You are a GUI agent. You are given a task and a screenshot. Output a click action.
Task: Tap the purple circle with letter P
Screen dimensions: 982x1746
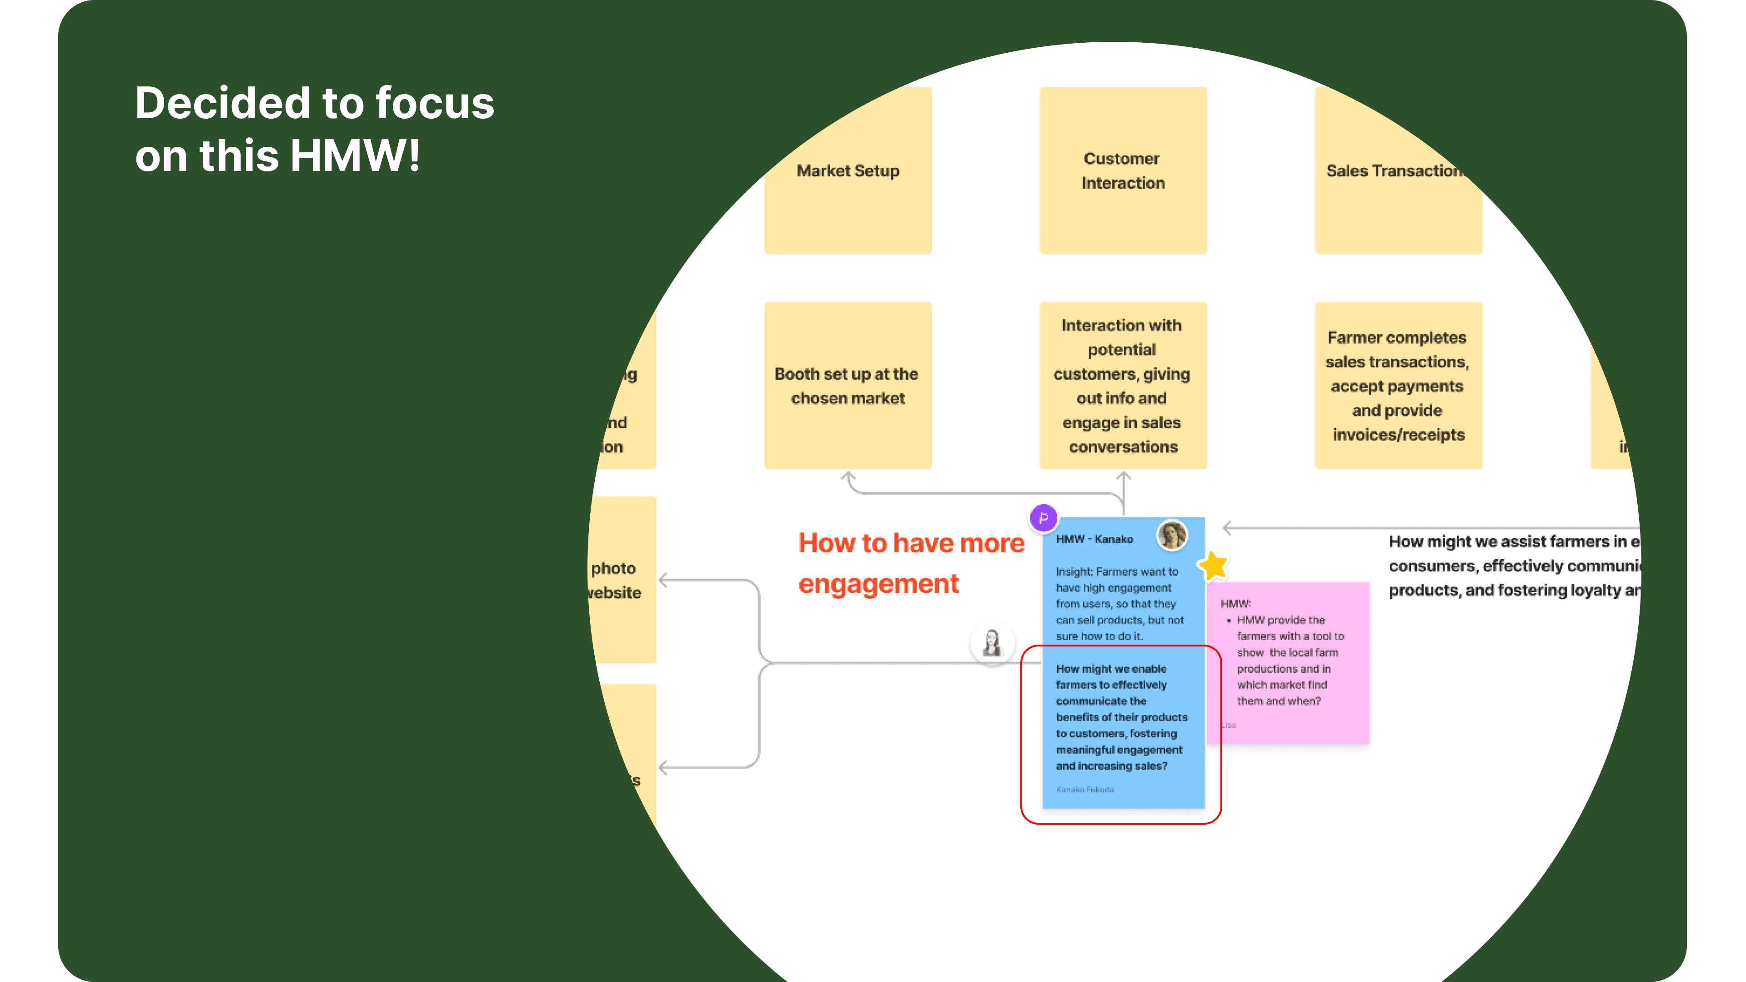point(1043,518)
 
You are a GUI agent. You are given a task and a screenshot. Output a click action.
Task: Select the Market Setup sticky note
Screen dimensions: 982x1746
point(848,171)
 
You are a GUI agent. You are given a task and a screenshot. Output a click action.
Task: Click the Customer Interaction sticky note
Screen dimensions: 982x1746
point(1123,171)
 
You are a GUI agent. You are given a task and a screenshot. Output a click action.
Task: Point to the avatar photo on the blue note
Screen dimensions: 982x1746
point(1172,536)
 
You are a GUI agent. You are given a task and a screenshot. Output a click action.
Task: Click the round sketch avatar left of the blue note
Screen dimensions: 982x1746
point(992,642)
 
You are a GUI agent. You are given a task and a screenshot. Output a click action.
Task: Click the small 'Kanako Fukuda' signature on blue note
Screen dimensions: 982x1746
point(1084,790)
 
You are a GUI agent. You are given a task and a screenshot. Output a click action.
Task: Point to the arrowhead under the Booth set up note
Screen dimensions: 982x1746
point(848,476)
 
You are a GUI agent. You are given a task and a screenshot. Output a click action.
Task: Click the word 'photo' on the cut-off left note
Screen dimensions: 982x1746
point(613,569)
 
